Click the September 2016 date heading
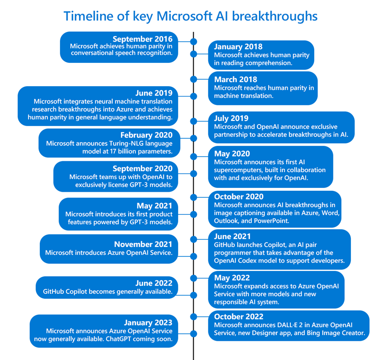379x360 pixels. (143, 39)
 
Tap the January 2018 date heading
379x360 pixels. (238, 47)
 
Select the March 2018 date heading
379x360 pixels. (235, 80)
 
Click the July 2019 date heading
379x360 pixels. (231, 119)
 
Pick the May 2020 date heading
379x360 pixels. (232, 154)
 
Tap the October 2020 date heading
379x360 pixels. (239, 197)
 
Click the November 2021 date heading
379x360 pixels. (143, 244)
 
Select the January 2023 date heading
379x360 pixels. (148, 322)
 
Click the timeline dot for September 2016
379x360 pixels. (193, 42)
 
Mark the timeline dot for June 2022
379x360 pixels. (193, 295)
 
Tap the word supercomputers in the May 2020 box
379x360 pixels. (239, 170)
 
